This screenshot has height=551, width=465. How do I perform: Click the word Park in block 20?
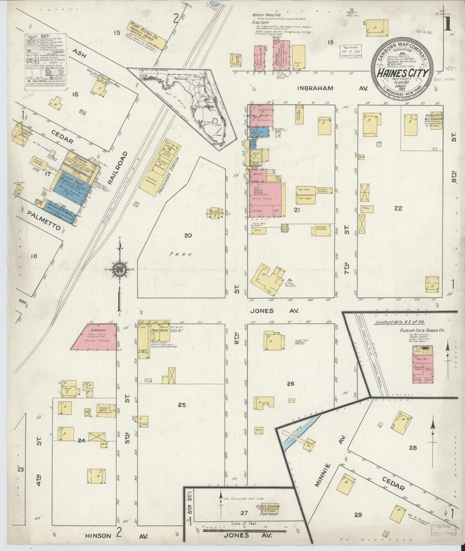pos(181,254)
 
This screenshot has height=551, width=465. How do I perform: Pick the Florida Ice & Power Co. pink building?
pos(423,365)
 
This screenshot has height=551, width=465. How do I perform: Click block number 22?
pos(398,208)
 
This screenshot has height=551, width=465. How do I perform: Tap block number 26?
pos(291,384)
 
